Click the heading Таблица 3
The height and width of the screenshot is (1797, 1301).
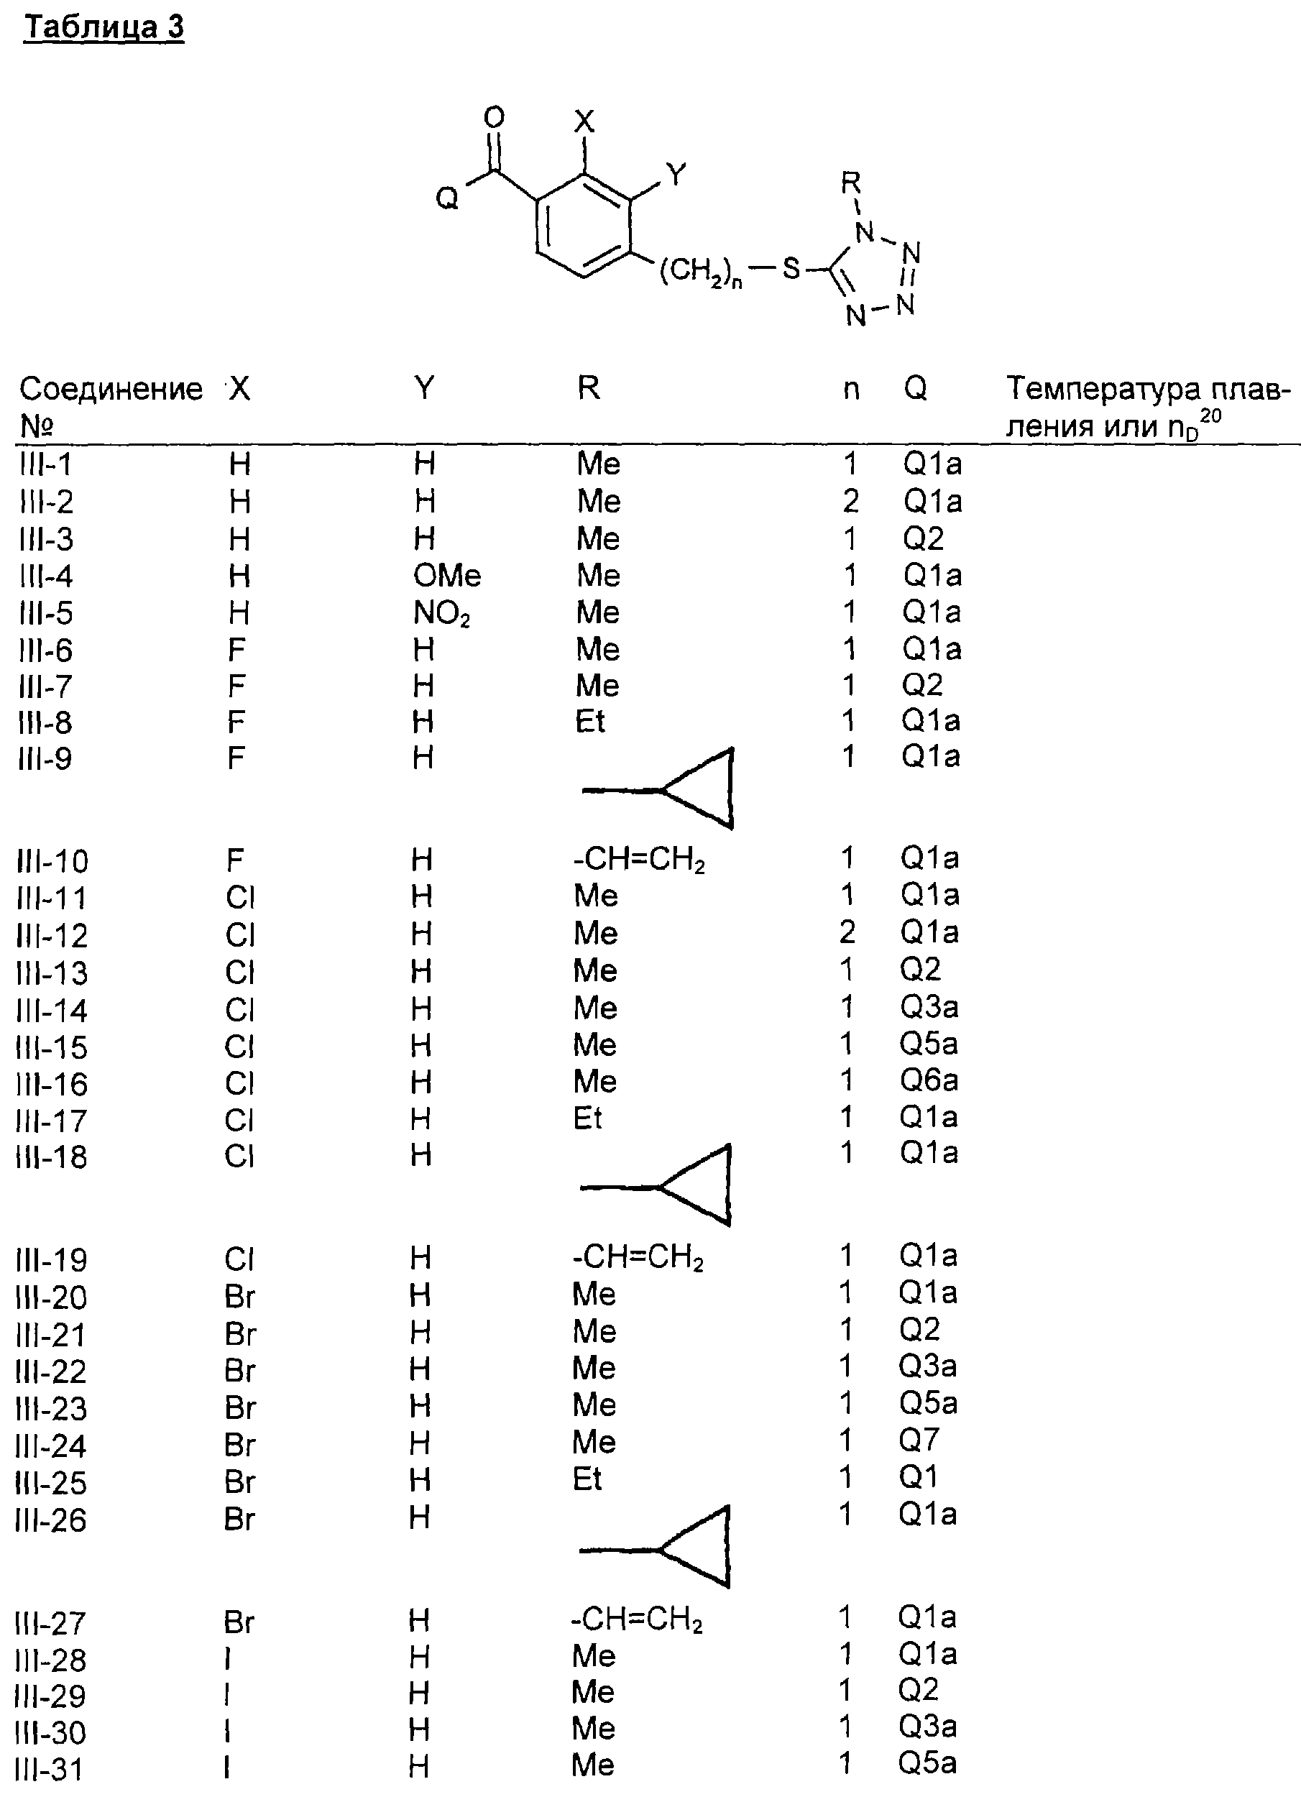tap(104, 28)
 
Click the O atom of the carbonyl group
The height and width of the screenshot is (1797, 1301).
tap(494, 117)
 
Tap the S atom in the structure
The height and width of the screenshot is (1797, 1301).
tap(791, 270)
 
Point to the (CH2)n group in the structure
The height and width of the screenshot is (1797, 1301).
tap(700, 272)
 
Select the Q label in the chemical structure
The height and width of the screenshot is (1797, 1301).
tap(447, 198)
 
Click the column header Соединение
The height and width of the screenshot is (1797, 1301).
tap(110, 389)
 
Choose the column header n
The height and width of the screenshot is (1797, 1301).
tap(851, 389)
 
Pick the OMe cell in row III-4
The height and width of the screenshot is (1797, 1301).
tap(447, 575)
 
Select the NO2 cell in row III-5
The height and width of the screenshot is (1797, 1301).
tap(441, 613)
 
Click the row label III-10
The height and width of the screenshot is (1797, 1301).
tap(52, 861)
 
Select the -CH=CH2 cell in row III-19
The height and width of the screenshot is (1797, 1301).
tap(638, 1257)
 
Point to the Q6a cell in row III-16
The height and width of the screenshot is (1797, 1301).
tap(929, 1081)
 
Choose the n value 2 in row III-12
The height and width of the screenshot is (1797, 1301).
tap(847, 932)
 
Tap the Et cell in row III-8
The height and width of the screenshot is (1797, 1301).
tap(590, 722)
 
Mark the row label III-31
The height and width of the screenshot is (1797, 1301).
tap(49, 1769)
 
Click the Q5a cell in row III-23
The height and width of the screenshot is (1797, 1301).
tap(928, 1403)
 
